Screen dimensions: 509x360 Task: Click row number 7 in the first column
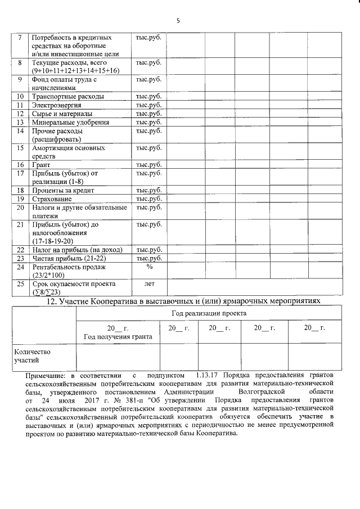(x=20, y=38)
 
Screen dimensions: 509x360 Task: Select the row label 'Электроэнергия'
(x=57, y=105)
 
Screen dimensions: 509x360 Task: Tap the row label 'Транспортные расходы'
(x=68, y=97)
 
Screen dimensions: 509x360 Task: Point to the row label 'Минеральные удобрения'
(x=70, y=122)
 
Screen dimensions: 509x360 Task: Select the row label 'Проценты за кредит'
(x=63, y=190)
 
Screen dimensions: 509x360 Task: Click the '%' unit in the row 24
(x=149, y=267)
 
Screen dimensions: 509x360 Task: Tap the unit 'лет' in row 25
(x=149, y=283)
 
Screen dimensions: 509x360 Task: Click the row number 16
(x=20, y=165)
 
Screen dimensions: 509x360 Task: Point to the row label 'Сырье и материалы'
(x=62, y=114)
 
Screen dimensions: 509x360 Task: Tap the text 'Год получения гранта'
(x=118, y=336)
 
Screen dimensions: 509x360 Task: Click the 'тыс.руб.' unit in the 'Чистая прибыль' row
(x=149, y=258)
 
